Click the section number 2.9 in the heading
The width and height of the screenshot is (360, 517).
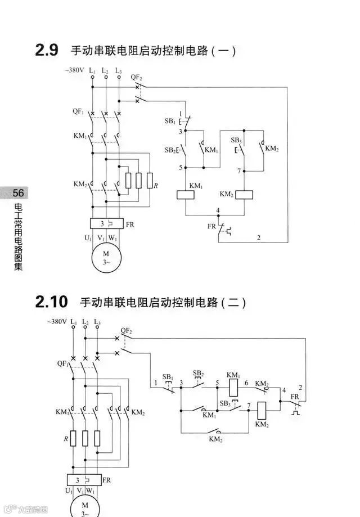tap(47, 50)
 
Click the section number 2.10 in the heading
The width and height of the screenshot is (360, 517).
tap(51, 302)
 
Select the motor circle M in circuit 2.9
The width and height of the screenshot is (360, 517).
tap(106, 258)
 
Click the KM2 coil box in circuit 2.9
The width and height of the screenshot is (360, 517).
tap(244, 195)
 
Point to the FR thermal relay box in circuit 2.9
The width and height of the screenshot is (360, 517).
tap(106, 223)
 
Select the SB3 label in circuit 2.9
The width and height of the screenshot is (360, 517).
tap(236, 140)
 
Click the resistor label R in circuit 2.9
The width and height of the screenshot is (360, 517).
tap(156, 185)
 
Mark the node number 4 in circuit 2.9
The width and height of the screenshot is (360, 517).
tap(217, 210)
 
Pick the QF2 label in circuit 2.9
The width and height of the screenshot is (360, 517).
tap(136, 77)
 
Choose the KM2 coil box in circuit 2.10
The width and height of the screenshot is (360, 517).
tap(262, 409)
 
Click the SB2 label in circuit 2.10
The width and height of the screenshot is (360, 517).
tap(198, 373)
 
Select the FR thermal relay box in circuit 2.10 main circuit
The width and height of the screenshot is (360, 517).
tap(84, 480)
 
